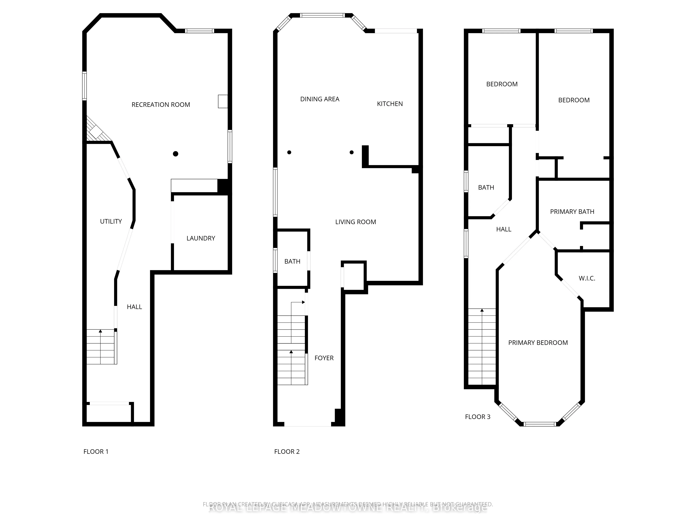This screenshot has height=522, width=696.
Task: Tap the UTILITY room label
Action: pyautogui.click(x=111, y=221)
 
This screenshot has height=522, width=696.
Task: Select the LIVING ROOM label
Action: pyautogui.click(x=355, y=222)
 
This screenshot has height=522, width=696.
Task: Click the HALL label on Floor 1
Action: pyautogui.click(x=134, y=307)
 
